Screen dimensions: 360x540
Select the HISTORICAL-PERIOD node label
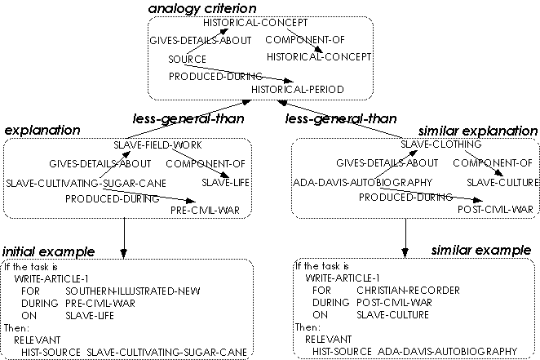coord(297,88)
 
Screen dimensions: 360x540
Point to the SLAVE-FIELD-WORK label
coord(157,144)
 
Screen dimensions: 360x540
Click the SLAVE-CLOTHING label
coord(440,144)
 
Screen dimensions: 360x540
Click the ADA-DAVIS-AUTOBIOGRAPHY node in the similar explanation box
coord(362,182)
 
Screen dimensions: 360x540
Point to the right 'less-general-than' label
coord(341,119)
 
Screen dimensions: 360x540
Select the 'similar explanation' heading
coord(477,131)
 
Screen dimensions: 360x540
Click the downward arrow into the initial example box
coord(124,249)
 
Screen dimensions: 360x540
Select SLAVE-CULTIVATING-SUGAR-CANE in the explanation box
coord(86,182)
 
